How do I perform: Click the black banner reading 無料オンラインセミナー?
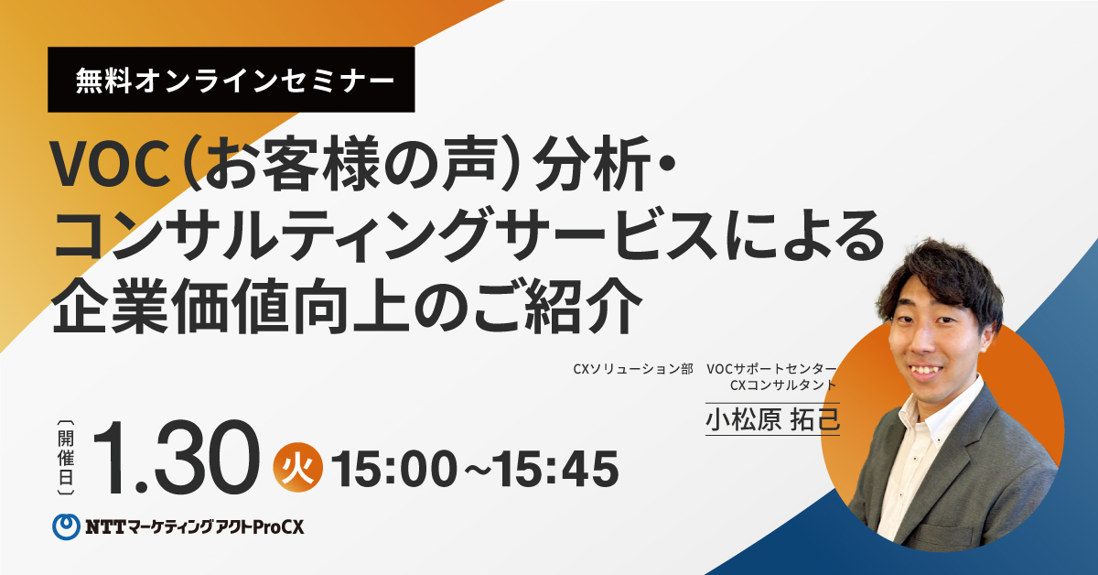tap(231, 80)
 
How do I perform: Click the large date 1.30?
tap(177, 457)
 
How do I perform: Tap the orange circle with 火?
tap(298, 468)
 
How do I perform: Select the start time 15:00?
tap(394, 470)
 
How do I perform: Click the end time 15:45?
tap(556, 470)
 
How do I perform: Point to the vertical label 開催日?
tap(66, 458)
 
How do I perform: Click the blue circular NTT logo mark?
tap(66, 526)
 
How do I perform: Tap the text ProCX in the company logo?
tap(278, 527)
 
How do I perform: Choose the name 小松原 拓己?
tap(772, 420)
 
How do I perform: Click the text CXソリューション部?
tap(633, 369)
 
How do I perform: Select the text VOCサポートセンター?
tap(771, 369)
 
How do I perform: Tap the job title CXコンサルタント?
tap(783, 385)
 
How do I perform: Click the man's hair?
tap(939, 275)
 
